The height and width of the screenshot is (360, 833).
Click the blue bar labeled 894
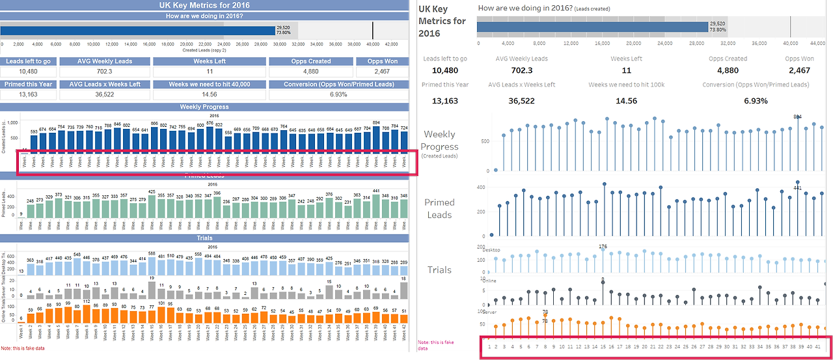376,139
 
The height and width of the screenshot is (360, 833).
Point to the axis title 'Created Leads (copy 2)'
204,49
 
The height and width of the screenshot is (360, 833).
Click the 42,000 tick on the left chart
392,44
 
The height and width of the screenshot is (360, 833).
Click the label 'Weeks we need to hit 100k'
626,85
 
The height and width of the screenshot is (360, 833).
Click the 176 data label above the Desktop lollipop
603,247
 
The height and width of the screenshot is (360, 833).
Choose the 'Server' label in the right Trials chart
489,312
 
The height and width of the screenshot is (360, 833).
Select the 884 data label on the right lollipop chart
797,117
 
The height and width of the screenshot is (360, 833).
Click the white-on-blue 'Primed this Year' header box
28,85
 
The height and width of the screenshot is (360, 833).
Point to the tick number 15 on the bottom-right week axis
603,346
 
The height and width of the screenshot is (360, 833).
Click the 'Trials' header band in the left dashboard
204,238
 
